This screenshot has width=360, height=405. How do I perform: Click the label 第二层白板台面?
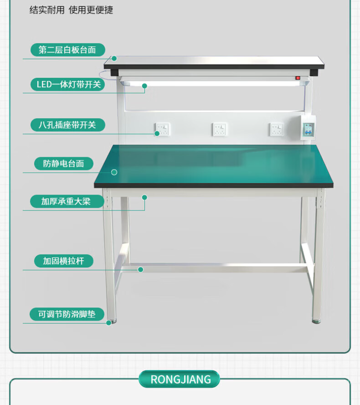(68, 50)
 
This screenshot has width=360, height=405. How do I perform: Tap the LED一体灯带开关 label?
(68, 84)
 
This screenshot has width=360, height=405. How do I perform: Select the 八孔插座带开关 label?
(68, 125)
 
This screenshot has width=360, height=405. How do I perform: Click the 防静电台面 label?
(63, 164)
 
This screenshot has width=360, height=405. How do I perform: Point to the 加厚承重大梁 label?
(67, 201)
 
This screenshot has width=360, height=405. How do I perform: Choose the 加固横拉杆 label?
(63, 261)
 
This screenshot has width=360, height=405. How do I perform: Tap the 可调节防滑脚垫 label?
(67, 314)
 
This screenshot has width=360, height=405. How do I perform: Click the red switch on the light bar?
(297, 78)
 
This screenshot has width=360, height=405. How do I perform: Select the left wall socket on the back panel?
(162, 129)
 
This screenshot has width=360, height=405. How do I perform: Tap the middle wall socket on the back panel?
(220, 129)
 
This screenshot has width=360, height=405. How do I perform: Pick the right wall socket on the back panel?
(277, 129)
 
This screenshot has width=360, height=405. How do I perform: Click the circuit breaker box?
(308, 128)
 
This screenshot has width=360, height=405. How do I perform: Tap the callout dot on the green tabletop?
(114, 172)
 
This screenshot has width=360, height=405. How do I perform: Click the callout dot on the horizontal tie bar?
(141, 270)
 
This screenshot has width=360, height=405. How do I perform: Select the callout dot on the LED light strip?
(144, 86)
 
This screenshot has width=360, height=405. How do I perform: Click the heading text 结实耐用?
(47, 10)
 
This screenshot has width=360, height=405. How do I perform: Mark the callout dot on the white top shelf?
(114, 58)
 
